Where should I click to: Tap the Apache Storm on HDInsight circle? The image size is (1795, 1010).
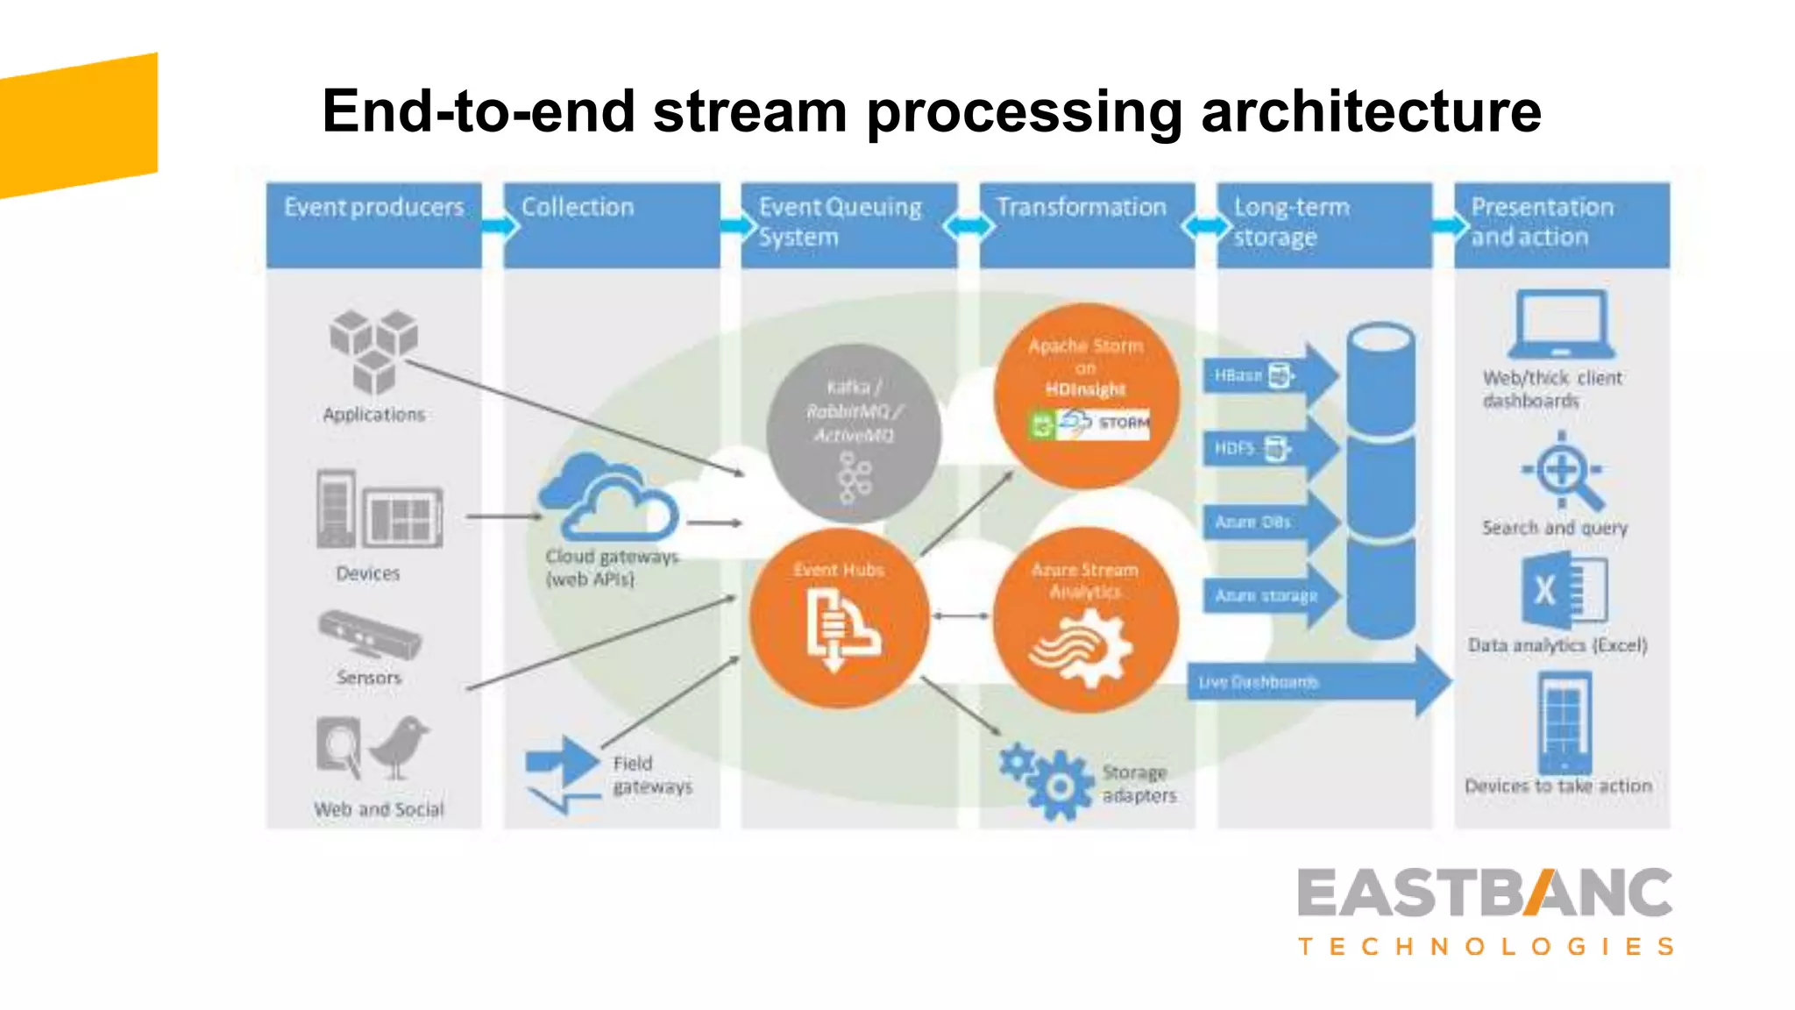pyautogui.click(x=1086, y=395)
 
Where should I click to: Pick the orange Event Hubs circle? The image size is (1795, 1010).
pyautogui.click(x=839, y=618)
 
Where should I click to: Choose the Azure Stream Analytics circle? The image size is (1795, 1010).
pyautogui.click(x=1085, y=619)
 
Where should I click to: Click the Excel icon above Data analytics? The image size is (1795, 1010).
pyautogui.click(x=1563, y=591)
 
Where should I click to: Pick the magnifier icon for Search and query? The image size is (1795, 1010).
pyautogui.click(x=1564, y=472)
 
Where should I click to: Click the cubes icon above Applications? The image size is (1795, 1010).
pyautogui.click(x=373, y=352)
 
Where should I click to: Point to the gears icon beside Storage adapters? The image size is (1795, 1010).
pyautogui.click(x=1047, y=780)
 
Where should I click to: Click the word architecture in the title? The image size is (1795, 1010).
pyautogui.click(x=1370, y=112)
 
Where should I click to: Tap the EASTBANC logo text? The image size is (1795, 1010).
pyautogui.click(x=1485, y=893)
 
